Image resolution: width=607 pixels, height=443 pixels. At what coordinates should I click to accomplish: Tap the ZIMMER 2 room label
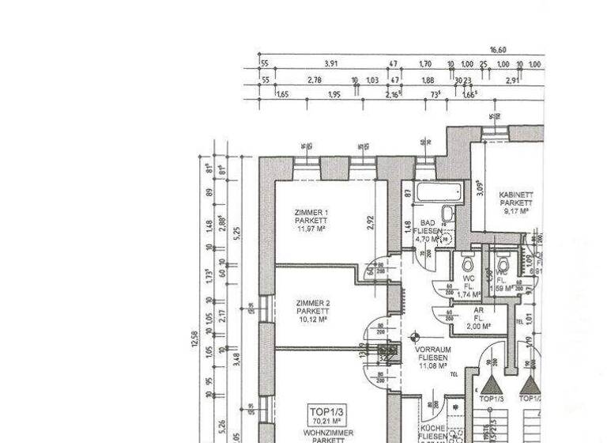(x=313, y=303)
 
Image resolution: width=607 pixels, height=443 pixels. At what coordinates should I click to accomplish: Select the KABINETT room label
(x=515, y=195)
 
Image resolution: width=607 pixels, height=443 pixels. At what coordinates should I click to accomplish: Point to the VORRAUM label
(x=432, y=349)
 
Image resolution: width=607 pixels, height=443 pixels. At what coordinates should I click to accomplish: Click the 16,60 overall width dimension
(x=497, y=50)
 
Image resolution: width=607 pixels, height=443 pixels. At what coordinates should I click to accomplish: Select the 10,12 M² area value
(x=313, y=320)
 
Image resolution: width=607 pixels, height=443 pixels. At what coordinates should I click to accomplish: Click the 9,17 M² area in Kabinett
(x=515, y=211)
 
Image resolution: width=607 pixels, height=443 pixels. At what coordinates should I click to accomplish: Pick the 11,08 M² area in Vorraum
(x=432, y=365)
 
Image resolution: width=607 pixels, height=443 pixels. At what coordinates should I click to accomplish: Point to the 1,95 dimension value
(x=334, y=95)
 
